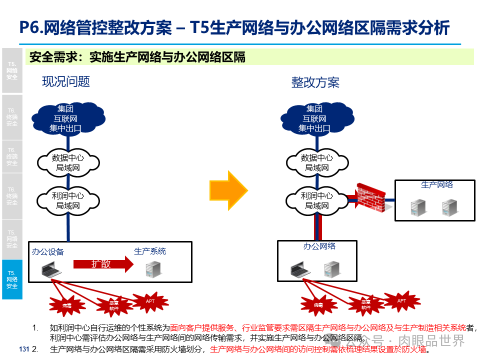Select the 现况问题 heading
(66, 81)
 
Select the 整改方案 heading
(315, 82)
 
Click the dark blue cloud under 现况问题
(65, 118)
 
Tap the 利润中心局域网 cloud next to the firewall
(317, 200)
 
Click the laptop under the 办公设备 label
(51, 269)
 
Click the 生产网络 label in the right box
(436, 185)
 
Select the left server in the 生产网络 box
(417, 207)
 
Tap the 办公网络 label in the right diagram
(319, 246)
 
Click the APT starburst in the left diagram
(150, 301)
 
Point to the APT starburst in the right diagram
(401, 301)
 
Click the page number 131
(23, 348)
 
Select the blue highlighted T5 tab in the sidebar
(12, 279)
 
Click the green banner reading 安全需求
(249, 57)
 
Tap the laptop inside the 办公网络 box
(300, 270)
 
